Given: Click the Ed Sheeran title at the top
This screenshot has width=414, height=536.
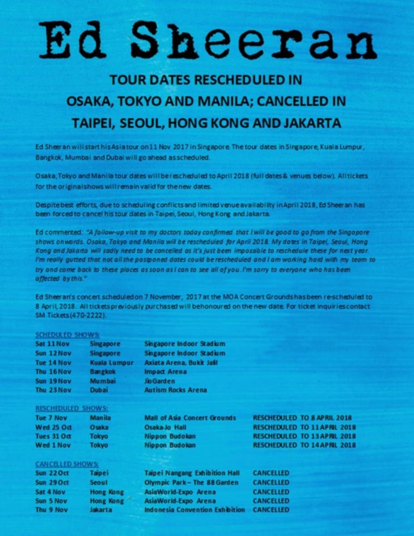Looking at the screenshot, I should [208, 40].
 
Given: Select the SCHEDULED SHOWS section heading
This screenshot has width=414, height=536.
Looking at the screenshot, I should [68, 335].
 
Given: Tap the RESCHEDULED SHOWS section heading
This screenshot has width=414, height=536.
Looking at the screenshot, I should [72, 408].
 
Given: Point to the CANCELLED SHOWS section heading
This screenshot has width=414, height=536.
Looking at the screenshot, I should [67, 464].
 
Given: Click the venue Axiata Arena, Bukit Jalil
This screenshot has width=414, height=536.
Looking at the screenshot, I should [181, 363].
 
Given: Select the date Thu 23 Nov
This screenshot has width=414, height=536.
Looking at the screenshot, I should [53, 390].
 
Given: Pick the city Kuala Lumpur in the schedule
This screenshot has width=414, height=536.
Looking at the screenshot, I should [112, 363].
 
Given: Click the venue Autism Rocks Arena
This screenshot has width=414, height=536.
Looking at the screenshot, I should [175, 390].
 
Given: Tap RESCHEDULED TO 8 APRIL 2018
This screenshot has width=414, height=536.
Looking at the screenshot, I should [302, 418].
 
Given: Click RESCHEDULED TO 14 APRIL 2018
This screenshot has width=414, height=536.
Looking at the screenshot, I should [304, 445].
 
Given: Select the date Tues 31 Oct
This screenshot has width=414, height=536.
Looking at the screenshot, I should [54, 436].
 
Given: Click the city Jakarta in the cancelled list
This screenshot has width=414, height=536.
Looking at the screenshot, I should [101, 510].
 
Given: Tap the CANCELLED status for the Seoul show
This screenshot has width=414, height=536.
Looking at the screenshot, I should [271, 483].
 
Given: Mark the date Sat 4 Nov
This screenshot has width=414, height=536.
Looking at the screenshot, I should [50, 492].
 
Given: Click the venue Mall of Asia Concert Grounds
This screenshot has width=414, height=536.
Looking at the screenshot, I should [190, 418].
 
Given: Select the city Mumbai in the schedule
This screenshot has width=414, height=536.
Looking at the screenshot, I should [103, 381].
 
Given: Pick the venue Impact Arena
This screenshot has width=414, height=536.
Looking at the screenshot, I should [165, 372].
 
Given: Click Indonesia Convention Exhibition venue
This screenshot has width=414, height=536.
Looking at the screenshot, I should [194, 510].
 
